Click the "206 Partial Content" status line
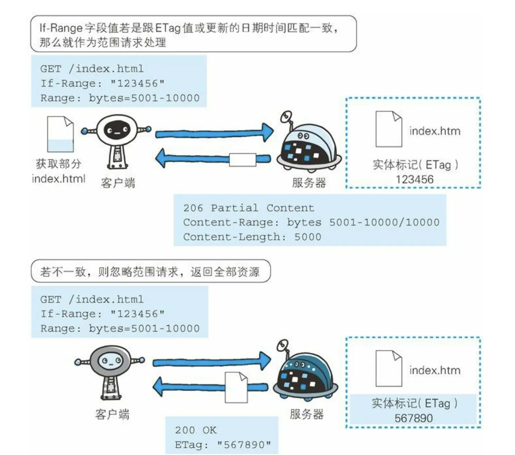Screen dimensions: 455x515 249,208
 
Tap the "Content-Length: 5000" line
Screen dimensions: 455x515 252,237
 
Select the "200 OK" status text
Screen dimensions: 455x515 195,430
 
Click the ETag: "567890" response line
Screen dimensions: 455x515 223,445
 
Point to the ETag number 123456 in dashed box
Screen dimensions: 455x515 414,179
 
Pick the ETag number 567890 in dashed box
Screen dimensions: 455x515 414,418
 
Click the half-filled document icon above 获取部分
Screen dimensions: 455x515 60,134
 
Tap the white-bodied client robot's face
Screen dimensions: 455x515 117,131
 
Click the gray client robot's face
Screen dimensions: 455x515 110,361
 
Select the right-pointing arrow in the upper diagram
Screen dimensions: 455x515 214,133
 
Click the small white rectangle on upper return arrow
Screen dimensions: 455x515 243,160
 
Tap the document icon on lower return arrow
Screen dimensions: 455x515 236,387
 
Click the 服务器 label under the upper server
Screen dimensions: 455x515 309,182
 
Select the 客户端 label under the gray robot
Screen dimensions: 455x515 112,414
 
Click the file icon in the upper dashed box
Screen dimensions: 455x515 389,129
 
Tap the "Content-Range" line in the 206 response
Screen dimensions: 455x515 311,222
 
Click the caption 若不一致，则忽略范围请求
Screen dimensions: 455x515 150,272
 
